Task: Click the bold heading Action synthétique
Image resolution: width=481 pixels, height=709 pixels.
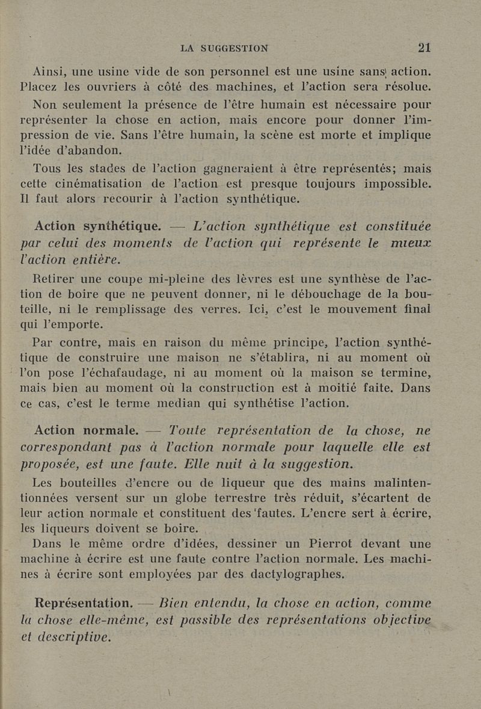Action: coord(97,227)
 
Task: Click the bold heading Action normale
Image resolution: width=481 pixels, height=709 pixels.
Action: coord(87,431)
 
